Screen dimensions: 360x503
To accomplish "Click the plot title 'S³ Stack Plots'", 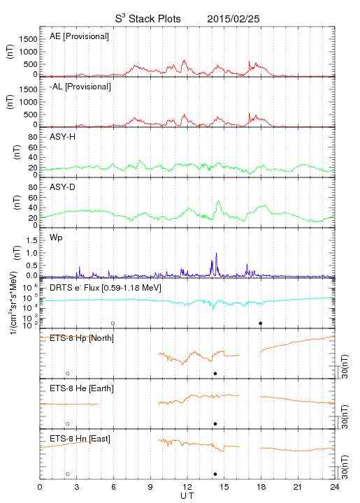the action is pos(148,19).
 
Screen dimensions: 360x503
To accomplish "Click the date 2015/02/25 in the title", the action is pos(233,19).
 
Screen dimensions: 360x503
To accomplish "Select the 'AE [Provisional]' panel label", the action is pos(79,36).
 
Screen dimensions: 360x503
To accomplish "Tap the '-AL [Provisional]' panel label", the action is pos(80,87).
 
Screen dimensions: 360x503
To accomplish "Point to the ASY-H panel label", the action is pos(63,137).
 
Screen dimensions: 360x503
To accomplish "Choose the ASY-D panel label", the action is pos(63,187).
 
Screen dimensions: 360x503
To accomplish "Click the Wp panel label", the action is pos(56,238).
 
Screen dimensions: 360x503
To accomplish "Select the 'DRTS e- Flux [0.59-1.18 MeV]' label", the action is pos(106,288).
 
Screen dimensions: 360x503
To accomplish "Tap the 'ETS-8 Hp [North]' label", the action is pos(82,338).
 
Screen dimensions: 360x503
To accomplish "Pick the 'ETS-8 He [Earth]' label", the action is pos(82,388).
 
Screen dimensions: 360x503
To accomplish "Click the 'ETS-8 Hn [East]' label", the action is pos(80,439).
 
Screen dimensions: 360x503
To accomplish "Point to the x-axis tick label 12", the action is pos(187,487).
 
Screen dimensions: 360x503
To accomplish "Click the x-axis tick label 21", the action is pos(298,487).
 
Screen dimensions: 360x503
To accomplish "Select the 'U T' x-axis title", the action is pos(187,496).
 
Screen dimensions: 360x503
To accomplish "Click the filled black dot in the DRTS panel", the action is pos(261,323).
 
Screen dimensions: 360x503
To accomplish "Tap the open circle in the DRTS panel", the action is pos(113,323).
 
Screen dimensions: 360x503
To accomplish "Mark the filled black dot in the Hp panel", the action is pos(215,373).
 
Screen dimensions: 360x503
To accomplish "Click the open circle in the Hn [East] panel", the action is pos(68,474).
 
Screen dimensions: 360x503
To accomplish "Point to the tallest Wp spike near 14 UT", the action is pos(217,253).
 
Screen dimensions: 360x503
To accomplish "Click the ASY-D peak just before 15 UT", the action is pos(219,201).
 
